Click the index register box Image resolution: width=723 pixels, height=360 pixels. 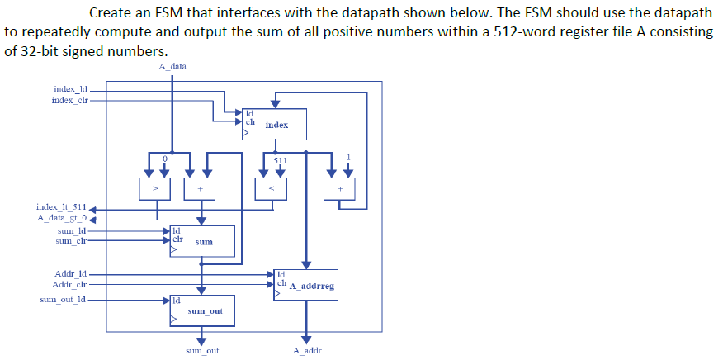[x=274, y=124]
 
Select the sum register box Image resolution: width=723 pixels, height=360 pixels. [x=201, y=241]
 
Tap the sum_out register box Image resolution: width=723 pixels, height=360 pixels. [x=201, y=310]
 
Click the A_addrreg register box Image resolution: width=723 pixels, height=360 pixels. [x=306, y=285]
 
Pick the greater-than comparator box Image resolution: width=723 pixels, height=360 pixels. [x=154, y=189]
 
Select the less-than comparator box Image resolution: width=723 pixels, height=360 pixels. [x=273, y=189]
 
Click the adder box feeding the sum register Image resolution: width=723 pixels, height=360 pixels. [x=199, y=189]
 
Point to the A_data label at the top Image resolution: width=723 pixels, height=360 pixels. [x=171, y=66]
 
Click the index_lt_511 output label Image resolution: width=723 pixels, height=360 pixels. [x=61, y=206]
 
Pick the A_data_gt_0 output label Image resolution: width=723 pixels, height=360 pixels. [x=61, y=217]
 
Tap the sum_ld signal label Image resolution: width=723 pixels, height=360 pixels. [x=70, y=231]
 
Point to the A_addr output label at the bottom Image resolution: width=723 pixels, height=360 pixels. [x=306, y=350]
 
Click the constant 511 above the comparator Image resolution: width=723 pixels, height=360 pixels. [x=281, y=159]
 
